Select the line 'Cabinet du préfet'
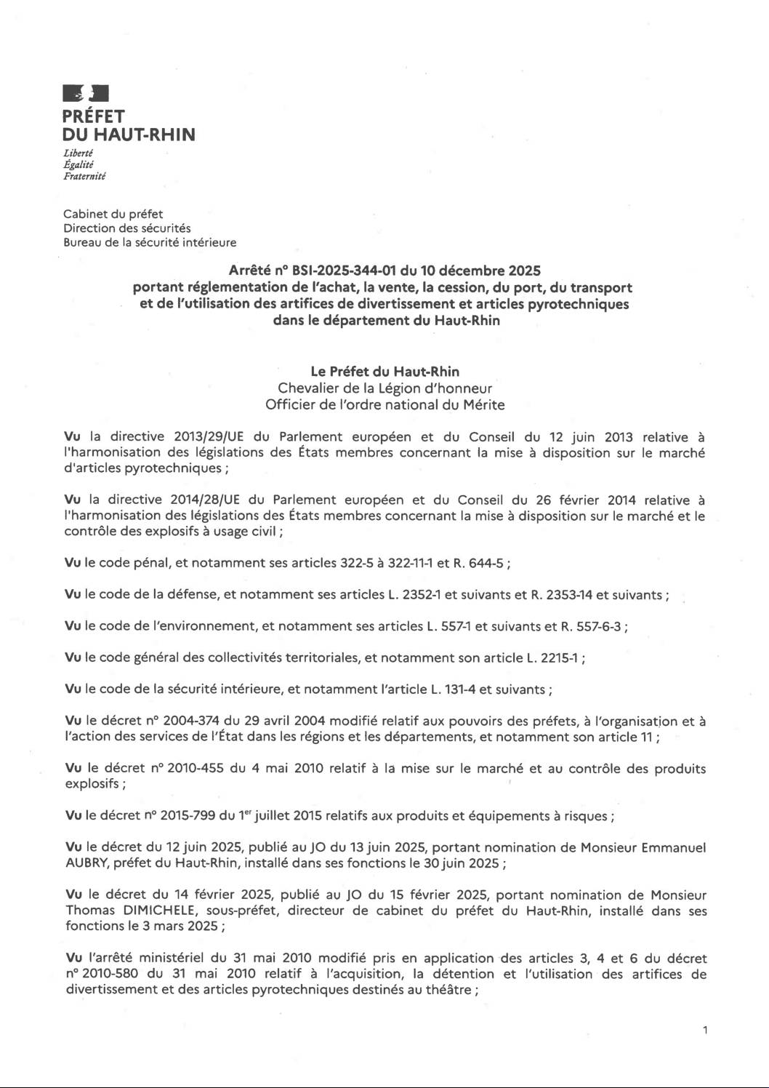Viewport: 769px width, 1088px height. (x=113, y=214)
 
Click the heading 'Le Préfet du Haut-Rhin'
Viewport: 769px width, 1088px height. (x=384, y=372)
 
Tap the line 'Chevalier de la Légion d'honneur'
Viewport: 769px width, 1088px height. (x=384, y=388)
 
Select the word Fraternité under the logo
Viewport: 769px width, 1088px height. (x=85, y=176)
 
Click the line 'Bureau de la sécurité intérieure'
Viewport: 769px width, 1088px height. (x=150, y=243)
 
